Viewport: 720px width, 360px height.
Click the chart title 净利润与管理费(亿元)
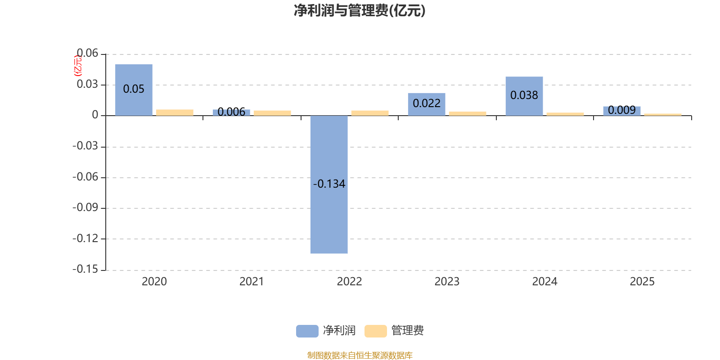tap(360, 10)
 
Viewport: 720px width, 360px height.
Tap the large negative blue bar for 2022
tap(329, 216)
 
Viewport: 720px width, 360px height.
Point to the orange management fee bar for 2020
tap(175, 112)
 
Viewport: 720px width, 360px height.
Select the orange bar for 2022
tap(370, 113)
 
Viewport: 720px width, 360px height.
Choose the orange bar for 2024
tap(565, 114)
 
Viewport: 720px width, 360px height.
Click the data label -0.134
tap(329, 184)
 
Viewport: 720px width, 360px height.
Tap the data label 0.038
tap(524, 95)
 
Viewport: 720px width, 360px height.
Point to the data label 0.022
tap(427, 103)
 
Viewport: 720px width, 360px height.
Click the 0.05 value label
tap(134, 89)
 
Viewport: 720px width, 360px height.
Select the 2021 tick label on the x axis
tap(252, 282)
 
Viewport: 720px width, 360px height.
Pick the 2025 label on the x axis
tap(642, 282)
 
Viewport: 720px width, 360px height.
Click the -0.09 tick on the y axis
tap(85, 207)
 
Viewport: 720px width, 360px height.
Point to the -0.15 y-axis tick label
tap(85, 269)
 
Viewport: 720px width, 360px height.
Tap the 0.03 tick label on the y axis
tap(87, 84)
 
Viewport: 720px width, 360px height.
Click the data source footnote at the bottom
tap(360, 355)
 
